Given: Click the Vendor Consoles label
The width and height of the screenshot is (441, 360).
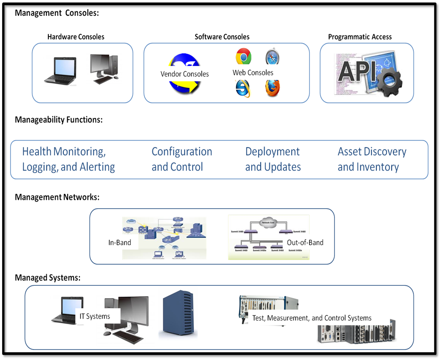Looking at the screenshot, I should point(185,74).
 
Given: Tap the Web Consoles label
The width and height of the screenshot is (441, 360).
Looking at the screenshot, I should point(253,72).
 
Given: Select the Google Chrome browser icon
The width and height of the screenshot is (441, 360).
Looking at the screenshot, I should point(243,57).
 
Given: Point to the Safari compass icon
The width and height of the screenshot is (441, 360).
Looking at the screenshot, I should point(272,56).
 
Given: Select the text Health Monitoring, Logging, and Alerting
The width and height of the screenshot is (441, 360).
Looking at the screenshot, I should point(69,159).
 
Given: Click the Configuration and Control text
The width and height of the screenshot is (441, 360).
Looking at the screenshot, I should point(182,159).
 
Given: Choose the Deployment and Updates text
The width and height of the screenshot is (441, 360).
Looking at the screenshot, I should point(273,159).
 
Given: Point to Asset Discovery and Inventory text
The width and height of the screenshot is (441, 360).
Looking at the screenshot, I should point(372,159).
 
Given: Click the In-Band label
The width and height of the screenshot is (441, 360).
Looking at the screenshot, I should point(120,242).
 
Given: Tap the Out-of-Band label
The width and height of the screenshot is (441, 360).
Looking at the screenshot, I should point(305,242).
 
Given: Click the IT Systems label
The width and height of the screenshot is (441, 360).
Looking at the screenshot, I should point(95,316).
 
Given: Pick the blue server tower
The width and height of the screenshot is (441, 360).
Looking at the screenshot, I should point(178,314).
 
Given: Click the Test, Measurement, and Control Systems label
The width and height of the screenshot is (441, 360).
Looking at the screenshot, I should point(312,318).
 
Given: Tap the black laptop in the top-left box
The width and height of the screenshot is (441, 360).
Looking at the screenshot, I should point(60,71).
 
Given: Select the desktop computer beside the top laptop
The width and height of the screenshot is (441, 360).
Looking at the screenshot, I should point(104,69).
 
